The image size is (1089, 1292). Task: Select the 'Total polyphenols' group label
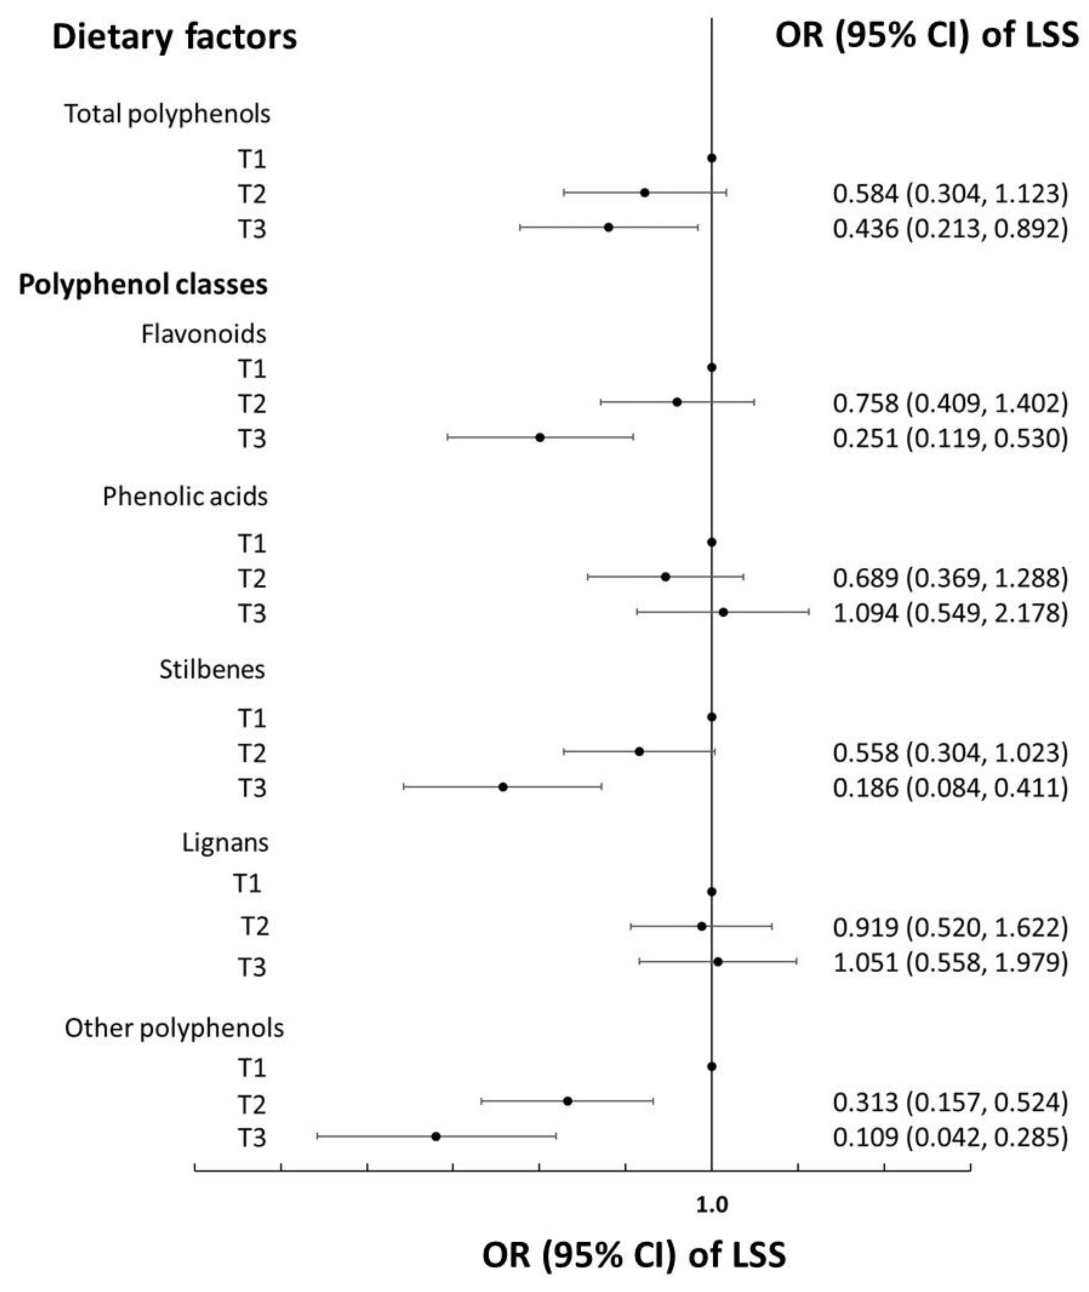click(x=167, y=115)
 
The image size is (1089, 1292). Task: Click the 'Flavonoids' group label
click(x=204, y=334)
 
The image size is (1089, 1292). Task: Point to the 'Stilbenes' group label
click(x=212, y=669)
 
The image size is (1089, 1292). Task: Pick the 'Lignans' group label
click(x=226, y=843)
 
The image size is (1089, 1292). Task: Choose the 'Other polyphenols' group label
click(x=174, y=1028)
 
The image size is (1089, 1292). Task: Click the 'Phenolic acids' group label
click(x=185, y=496)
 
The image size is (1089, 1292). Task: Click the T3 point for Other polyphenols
click(x=436, y=1136)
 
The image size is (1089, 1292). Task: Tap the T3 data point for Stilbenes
click(x=503, y=787)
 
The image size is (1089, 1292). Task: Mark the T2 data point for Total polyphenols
click(x=644, y=192)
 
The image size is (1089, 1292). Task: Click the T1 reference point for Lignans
click(x=711, y=892)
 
